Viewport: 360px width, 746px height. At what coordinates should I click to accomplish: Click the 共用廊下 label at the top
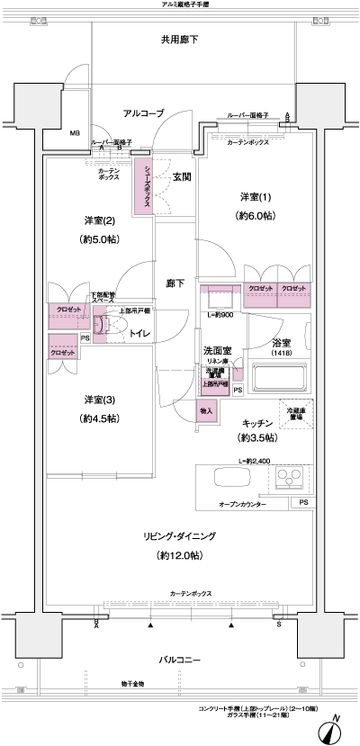(180, 40)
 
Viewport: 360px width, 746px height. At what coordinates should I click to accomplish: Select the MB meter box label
(76, 134)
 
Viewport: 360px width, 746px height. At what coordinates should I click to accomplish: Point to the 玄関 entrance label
(181, 178)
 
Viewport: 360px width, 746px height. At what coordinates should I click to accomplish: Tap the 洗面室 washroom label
(218, 350)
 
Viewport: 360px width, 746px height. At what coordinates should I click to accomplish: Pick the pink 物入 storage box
(205, 410)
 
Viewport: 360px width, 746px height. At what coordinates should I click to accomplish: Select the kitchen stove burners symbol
(293, 479)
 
